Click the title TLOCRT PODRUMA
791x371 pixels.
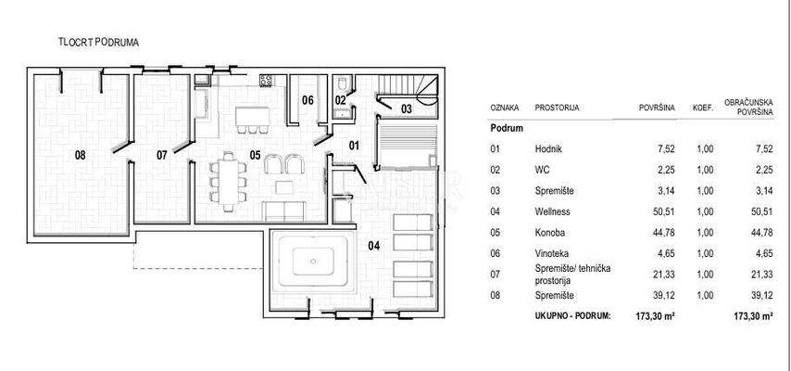tap(99, 43)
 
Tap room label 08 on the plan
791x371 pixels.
tap(81, 155)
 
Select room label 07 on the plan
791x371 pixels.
tap(161, 155)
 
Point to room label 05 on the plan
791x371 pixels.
tap(256, 155)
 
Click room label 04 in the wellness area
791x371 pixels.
tap(374, 246)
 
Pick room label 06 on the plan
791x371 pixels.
tap(308, 100)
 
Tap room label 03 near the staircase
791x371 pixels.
tap(406, 109)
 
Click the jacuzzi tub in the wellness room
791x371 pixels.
tap(313, 262)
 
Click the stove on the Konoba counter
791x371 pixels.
tap(267, 80)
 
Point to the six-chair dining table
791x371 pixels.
tap(229, 182)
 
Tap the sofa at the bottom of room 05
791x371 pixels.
tap(284, 211)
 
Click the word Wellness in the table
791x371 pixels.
tap(552, 211)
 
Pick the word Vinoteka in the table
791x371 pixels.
tap(551, 254)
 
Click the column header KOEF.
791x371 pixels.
tap(703, 109)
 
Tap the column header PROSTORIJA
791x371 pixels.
tap(557, 108)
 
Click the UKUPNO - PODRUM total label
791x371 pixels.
tap(572, 316)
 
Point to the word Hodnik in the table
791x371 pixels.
tap(548, 149)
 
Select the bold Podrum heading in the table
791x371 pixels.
tap(507, 128)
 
